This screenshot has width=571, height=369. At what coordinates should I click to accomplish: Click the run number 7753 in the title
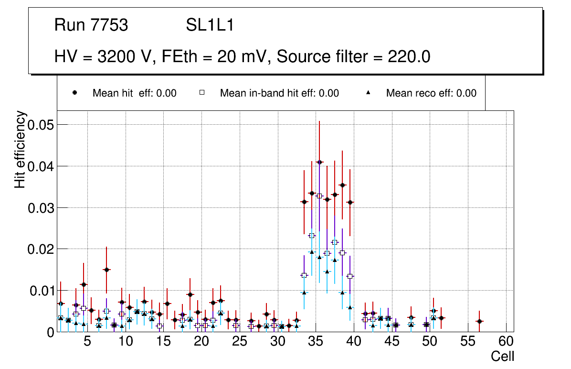(x=109, y=25)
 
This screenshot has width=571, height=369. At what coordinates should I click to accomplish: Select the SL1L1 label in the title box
(x=210, y=25)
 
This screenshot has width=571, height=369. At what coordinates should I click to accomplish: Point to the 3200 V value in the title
(x=127, y=57)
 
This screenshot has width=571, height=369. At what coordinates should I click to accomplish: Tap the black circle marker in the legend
(x=74, y=93)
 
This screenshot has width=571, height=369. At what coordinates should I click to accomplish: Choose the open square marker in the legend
(x=202, y=93)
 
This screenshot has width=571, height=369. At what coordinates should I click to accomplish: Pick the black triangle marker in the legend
(x=368, y=93)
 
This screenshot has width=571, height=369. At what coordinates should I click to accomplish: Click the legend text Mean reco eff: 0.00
(x=431, y=93)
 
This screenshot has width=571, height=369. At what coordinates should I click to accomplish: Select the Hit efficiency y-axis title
(x=20, y=149)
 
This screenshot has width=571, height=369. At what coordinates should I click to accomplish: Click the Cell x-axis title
(x=503, y=356)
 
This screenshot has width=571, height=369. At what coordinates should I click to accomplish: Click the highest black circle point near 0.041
(x=319, y=162)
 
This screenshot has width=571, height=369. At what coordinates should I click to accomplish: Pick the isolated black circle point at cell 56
(x=479, y=321)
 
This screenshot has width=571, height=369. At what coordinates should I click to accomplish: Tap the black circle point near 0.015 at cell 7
(x=106, y=270)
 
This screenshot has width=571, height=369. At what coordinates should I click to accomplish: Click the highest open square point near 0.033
(x=319, y=196)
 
